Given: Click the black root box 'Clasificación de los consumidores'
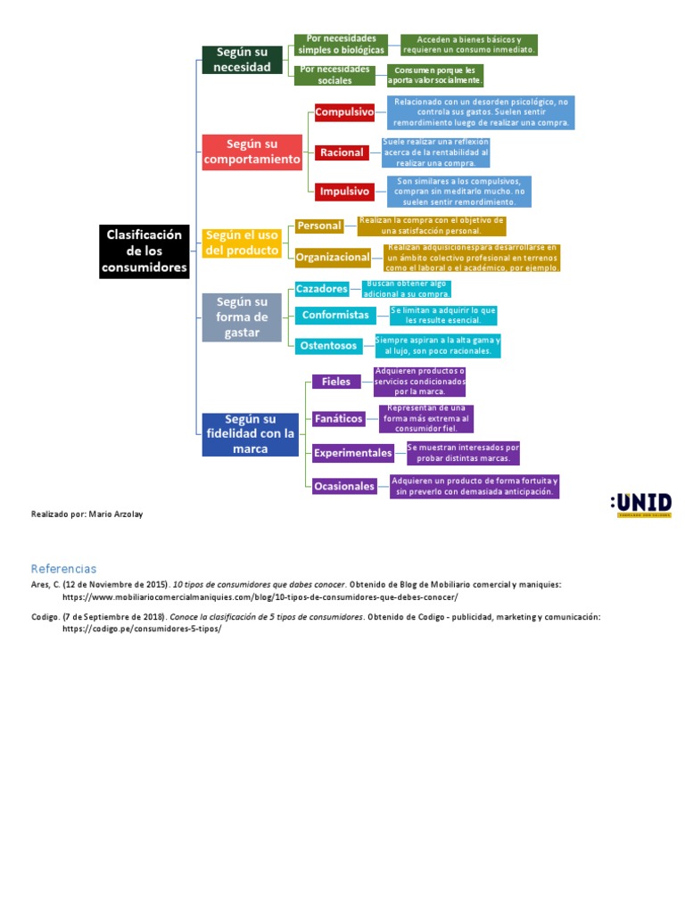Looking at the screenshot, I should coord(144,251).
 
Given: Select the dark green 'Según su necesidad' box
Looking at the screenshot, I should coord(242,59).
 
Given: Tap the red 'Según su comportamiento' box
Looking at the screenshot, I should coord(252,152).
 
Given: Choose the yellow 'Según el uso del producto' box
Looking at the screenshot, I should coord(241,243).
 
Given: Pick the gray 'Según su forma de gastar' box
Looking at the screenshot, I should coord(242,317).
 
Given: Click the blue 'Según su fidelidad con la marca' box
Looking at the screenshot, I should coord(250,433).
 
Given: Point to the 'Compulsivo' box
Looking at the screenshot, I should coord(344,113).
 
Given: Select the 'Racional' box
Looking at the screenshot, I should coord(342,152).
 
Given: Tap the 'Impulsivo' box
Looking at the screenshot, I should coord(342,191).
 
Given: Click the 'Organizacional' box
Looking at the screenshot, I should coord(333,258).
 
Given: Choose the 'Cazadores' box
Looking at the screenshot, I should coord(322,289).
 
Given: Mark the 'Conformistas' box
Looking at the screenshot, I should coord(335,315).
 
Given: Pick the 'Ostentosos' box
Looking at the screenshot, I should coord(328,345).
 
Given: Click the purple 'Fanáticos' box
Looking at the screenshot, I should coord(339,417).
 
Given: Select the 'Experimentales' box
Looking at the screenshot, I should coord(353,453).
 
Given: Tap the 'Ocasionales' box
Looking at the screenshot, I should coord(344,486).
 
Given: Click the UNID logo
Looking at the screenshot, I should coord(641,505).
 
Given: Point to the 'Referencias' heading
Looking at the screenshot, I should coord(63,568).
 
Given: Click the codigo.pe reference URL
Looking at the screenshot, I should coord(141,629).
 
